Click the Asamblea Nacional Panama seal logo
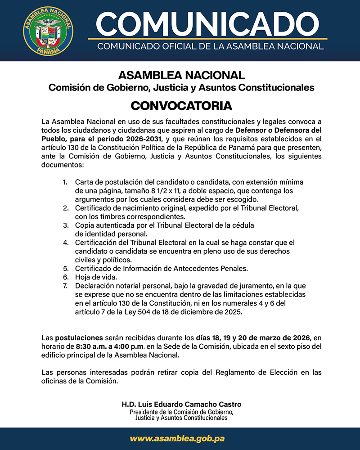coord(48,31)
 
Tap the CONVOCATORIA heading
coord(181,106)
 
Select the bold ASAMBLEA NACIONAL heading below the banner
coord(181,75)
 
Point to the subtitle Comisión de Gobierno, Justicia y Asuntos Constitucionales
coord(181,87)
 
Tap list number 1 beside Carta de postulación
coord(65,182)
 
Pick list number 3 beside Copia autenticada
coord(65,225)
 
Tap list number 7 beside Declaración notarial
coord(65,285)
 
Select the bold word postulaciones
coord(79,337)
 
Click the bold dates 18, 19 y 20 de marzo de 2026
coord(253,337)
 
